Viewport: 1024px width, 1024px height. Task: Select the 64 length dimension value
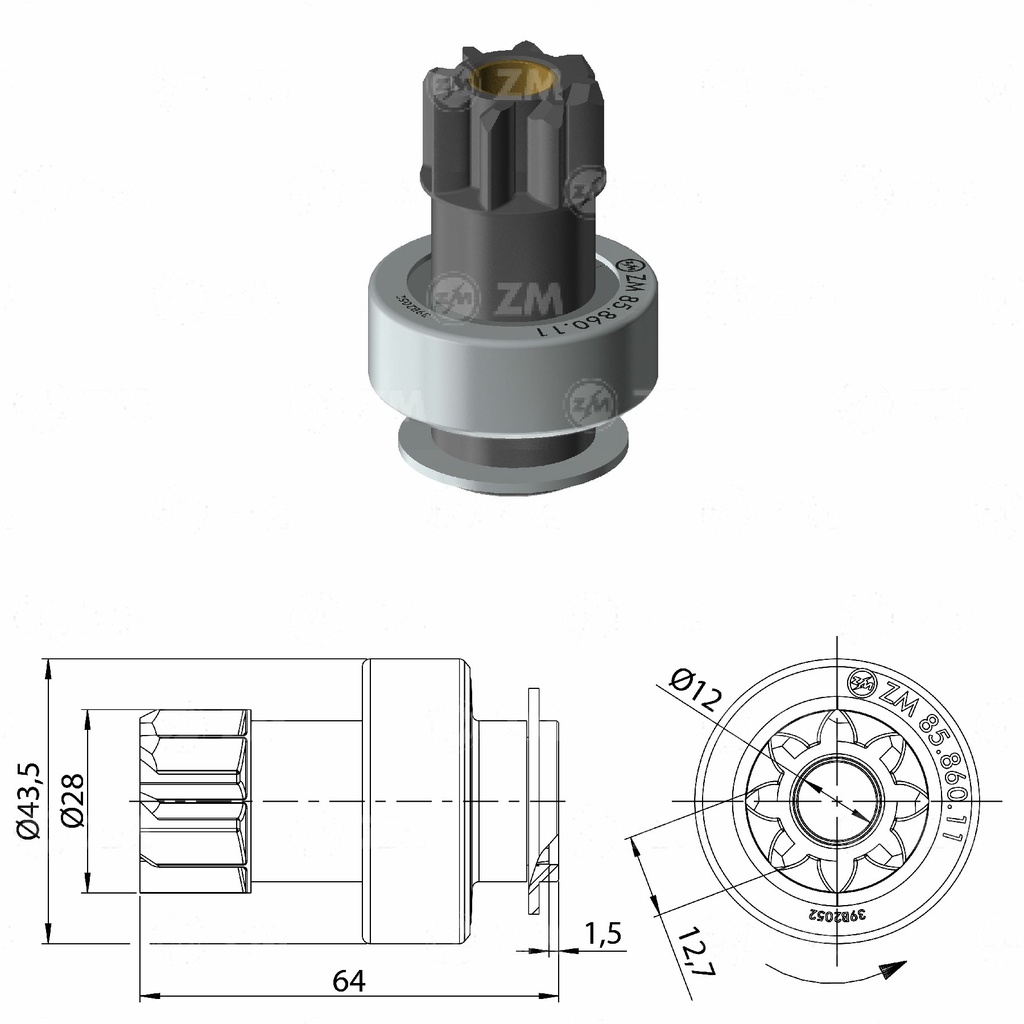pyautogui.click(x=348, y=981)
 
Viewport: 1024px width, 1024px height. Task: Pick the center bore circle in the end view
pyautogui.click(x=835, y=800)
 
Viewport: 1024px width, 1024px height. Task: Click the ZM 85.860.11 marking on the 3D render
pyautogui.click(x=590, y=300)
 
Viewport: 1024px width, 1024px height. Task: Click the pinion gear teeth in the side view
pyautogui.click(x=195, y=800)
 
